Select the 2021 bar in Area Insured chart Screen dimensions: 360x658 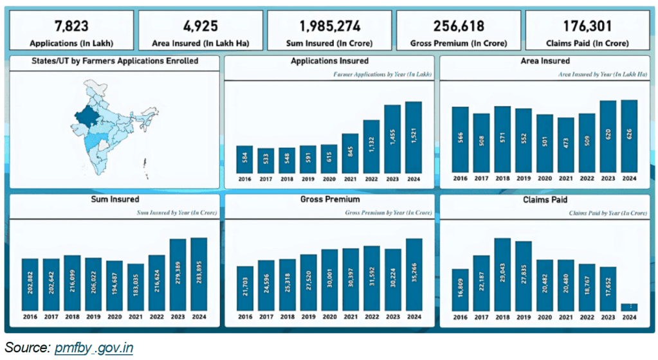coord(566,145)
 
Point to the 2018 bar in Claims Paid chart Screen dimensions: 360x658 coord(502,274)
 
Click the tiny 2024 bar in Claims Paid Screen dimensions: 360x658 coord(629,307)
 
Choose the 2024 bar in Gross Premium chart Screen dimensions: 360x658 coord(414,274)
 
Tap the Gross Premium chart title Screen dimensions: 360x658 coord(329,200)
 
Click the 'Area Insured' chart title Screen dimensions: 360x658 coord(545,61)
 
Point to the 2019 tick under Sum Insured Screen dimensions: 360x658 coord(93,317)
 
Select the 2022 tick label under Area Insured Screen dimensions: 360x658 coord(587,178)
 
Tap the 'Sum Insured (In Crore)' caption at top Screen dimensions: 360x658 coord(329,43)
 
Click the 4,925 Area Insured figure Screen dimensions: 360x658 coord(200,26)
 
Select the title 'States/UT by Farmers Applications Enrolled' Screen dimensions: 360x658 coord(115,61)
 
